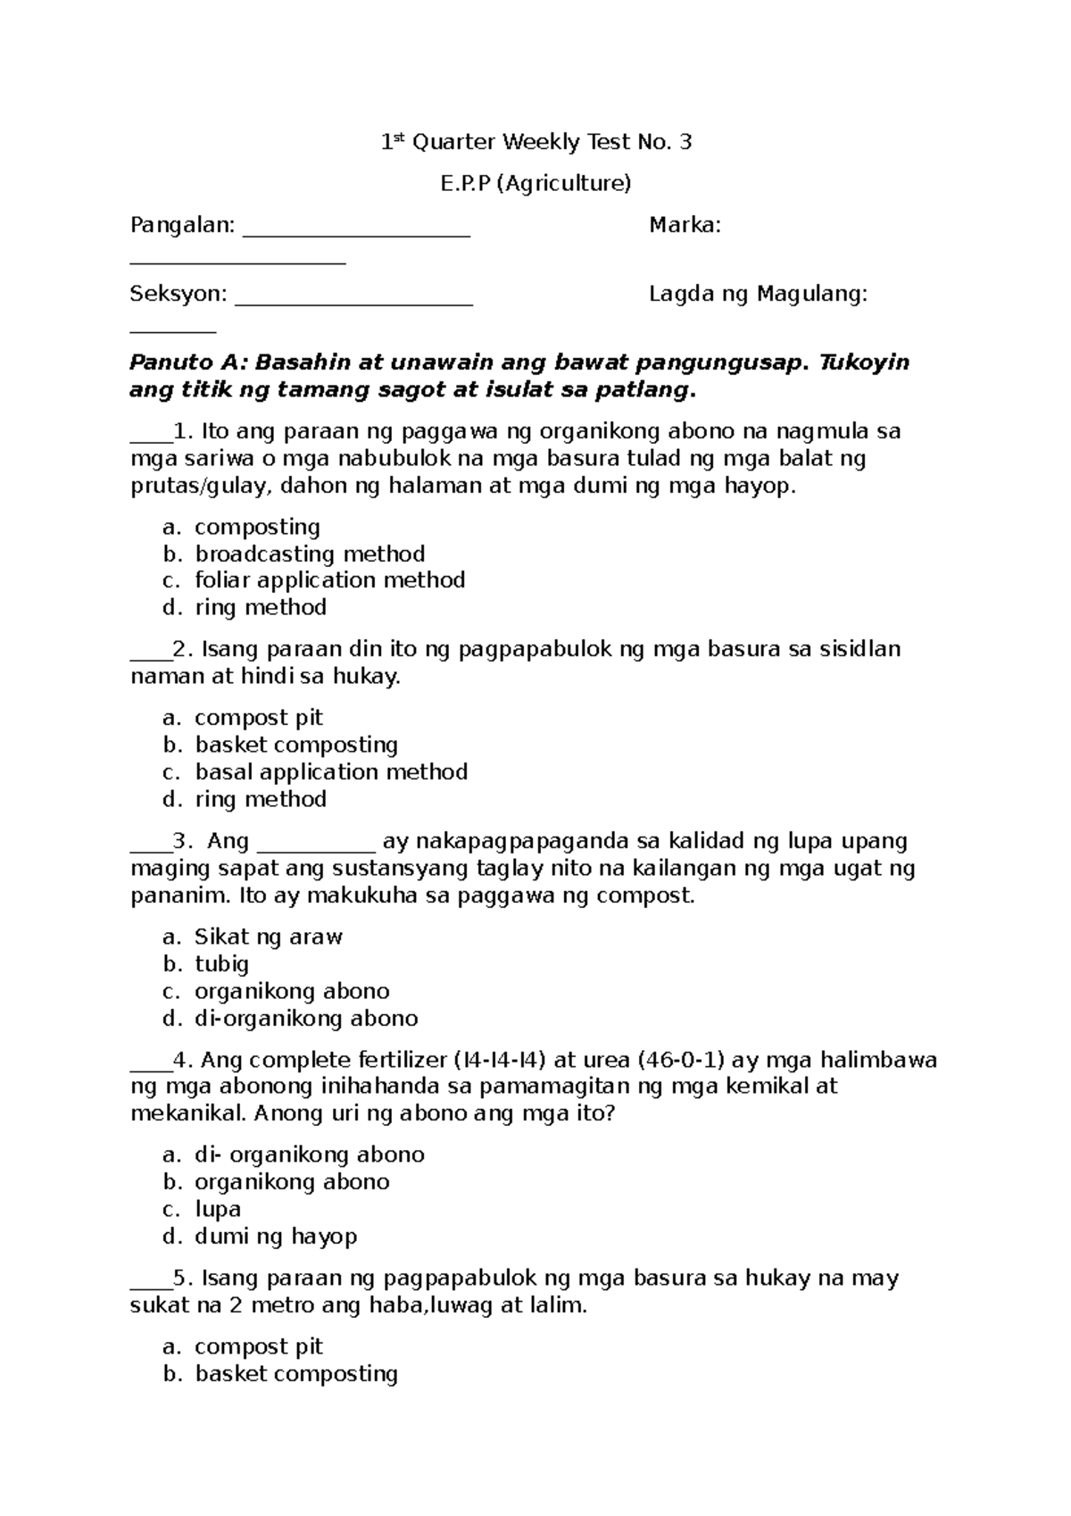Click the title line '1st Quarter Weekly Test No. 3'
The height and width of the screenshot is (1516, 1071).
[535, 142]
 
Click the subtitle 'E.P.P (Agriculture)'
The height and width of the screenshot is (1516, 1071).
[535, 183]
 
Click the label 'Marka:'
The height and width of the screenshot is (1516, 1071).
[685, 225]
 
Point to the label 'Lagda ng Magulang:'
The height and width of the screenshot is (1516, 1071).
[758, 294]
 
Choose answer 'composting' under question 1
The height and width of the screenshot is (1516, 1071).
[257, 527]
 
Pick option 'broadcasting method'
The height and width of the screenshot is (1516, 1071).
[310, 554]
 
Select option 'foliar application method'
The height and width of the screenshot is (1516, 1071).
[330, 580]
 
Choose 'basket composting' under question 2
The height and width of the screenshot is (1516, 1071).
[296, 745]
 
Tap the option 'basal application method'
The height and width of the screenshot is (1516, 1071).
[331, 771]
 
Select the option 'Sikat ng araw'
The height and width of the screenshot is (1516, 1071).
[269, 937]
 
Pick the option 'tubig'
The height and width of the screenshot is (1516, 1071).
[222, 963]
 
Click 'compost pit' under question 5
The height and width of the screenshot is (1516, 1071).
[259, 1346]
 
